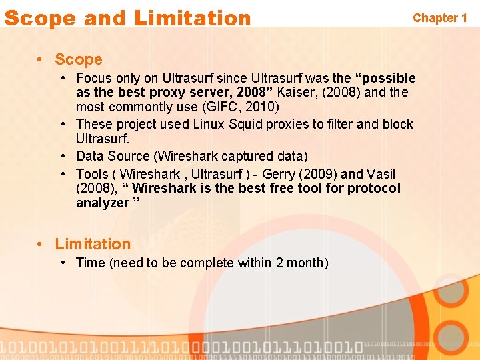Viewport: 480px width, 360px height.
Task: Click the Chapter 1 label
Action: (x=440, y=18)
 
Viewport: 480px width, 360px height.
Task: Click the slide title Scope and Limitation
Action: (x=127, y=18)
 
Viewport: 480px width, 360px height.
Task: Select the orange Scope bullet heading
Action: (x=79, y=59)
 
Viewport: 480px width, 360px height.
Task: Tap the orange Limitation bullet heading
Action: (x=93, y=244)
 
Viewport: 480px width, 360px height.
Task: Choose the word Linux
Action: (x=209, y=124)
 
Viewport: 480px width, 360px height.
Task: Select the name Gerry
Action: (x=283, y=174)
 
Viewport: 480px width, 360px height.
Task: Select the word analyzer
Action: (x=101, y=203)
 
